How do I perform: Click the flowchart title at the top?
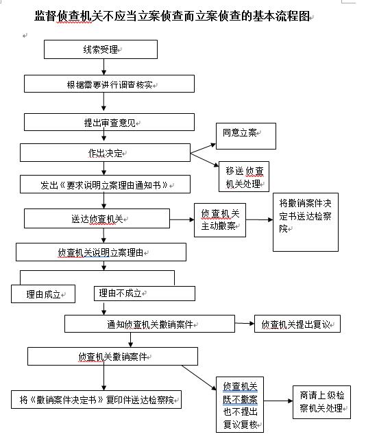[172, 16]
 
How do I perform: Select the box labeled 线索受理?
[101, 49]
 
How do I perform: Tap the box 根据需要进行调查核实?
[109, 84]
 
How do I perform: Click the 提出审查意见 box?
[109, 122]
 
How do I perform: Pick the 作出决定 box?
[105, 153]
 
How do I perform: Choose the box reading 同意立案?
[245, 136]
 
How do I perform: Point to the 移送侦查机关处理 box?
[244, 177]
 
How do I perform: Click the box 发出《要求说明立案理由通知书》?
[105, 184]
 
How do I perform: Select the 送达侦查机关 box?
[97, 218]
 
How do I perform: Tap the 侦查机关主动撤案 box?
[220, 220]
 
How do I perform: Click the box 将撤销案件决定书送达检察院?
[306, 222]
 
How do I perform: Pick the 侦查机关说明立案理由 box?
[101, 252]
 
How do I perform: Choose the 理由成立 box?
[43, 294]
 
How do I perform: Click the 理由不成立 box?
[145, 294]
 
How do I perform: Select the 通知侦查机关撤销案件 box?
[149, 324]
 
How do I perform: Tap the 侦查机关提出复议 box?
[297, 324]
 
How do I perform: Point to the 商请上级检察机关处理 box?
[321, 402]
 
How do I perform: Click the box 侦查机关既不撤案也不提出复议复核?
[240, 405]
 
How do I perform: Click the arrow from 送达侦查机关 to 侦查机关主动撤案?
[182, 219]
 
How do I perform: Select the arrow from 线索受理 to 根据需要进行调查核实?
[104, 67]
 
